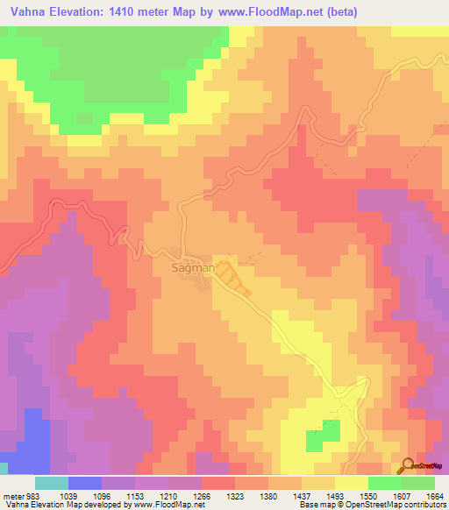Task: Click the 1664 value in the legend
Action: [x=433, y=495]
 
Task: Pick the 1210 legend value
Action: [x=167, y=495]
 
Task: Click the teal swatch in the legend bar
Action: [x=52, y=483]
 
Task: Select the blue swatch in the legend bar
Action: [x=85, y=483]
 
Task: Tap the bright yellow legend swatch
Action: [x=351, y=483]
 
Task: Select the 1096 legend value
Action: [x=101, y=495]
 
